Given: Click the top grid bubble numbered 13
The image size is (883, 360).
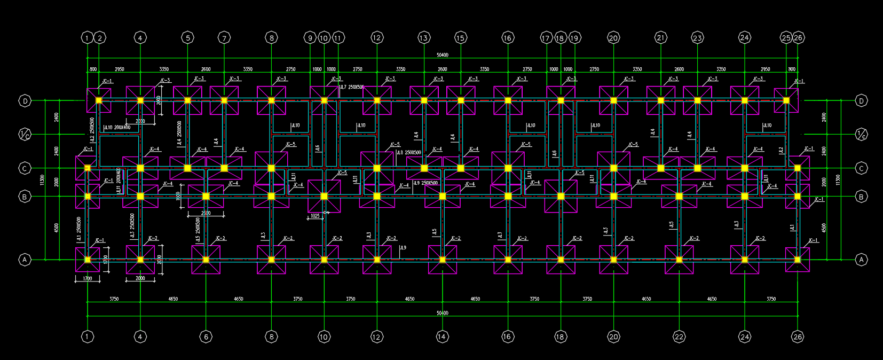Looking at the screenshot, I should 424,38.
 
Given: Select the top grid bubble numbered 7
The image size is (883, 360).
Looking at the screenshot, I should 224,38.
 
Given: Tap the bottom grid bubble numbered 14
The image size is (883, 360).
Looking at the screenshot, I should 442,336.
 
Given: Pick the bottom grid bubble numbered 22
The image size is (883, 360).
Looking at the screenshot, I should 679,336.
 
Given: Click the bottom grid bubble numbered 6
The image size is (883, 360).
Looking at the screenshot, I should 206,336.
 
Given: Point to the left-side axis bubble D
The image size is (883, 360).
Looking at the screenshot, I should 25,100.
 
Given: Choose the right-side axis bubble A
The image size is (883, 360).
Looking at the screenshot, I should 861,260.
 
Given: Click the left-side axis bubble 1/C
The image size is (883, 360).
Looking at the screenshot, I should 25,134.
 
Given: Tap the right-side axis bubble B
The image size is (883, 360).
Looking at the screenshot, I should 861,197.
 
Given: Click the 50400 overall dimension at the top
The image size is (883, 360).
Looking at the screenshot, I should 443,55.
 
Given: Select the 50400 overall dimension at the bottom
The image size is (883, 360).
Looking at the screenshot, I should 443,313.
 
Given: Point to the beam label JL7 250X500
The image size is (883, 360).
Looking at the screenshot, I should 352,87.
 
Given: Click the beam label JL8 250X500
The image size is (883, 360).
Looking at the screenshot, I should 409,153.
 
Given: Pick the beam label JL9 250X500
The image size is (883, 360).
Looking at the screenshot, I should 426,183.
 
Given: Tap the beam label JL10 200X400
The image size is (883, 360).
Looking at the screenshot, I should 117,128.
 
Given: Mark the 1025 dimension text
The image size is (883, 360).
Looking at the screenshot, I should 314,216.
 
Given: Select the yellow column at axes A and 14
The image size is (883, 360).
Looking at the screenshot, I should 442,260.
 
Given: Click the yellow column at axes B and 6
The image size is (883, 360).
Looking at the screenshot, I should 206,197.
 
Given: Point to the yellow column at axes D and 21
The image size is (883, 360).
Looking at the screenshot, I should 661,100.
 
